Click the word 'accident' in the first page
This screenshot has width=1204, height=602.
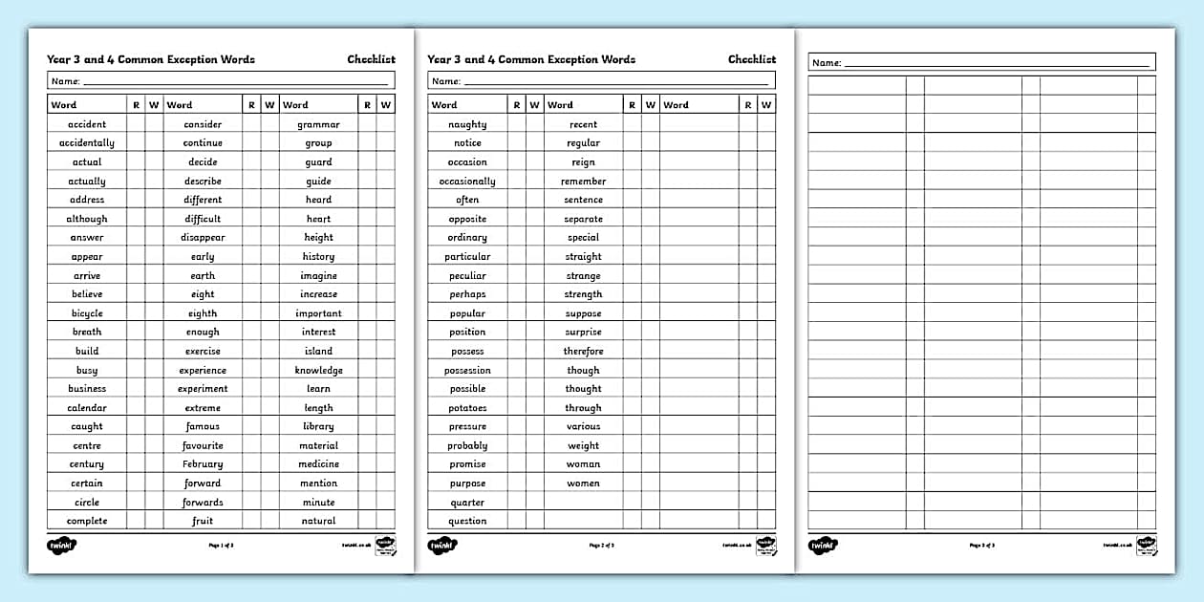[87, 124]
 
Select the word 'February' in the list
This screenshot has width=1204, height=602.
[203, 464]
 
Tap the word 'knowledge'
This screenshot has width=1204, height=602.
[318, 370]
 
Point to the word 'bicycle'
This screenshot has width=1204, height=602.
[87, 313]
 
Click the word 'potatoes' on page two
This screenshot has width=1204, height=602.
[467, 408]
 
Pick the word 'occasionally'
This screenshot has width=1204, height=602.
[467, 182]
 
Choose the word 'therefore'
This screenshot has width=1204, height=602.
[583, 352]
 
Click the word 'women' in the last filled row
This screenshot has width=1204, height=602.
[583, 484]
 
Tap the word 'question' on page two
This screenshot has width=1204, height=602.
[467, 522]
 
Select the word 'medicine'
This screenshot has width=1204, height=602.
[318, 464]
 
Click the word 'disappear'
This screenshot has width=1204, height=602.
[203, 238]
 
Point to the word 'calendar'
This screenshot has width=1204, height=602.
[87, 408]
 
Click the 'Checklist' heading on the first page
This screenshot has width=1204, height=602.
[371, 59]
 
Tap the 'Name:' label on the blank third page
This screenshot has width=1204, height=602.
[826, 63]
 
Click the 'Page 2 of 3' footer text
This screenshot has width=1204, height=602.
[601, 546]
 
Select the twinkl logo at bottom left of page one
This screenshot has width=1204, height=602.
[61, 546]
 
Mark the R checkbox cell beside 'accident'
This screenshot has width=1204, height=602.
[136, 124]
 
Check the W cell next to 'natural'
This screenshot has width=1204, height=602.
[385, 522]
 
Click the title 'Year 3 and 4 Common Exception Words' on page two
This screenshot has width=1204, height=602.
[530, 59]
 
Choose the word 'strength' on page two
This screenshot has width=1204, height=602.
[583, 294]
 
